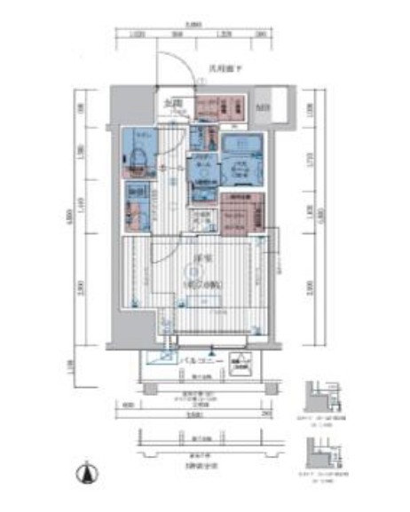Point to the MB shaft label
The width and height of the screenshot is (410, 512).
coord(264,107)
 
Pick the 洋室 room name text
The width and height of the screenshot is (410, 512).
coord(202,258)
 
